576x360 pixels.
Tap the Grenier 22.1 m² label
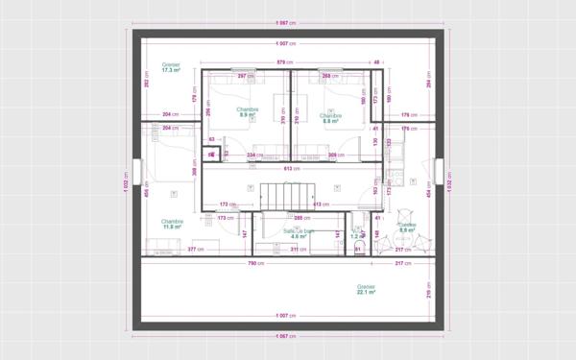pos(366,289)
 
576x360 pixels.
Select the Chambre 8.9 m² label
pos(247,112)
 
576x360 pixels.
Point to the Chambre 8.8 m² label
pos(332,118)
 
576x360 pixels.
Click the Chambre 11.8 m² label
pos(173,224)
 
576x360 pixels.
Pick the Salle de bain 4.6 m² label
pos(299,233)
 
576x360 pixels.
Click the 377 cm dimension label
pos(192,250)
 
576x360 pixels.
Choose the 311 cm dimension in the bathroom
pos(299,250)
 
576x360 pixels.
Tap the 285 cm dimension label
pos(299,218)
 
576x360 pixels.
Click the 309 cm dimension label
pos(335,154)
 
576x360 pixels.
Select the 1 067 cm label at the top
pos(284,22)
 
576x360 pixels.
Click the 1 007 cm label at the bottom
pos(284,316)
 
